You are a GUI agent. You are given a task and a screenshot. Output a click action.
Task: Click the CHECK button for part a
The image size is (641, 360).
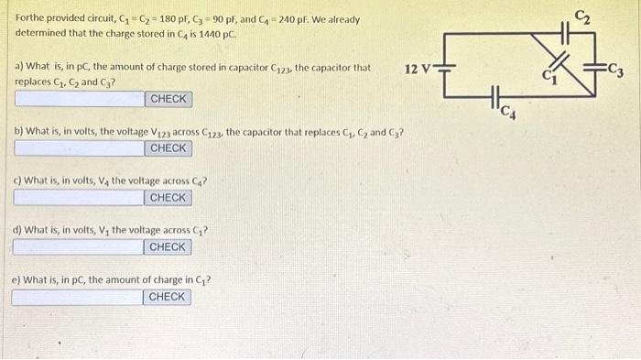pyautogui.click(x=168, y=99)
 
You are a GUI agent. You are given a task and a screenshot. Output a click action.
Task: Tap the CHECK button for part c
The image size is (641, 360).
pyautogui.click(x=168, y=198)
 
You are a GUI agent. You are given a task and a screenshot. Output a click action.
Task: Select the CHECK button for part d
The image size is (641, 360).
pyautogui.click(x=168, y=247)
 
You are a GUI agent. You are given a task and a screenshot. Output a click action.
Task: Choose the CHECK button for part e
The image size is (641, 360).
pyautogui.click(x=168, y=297)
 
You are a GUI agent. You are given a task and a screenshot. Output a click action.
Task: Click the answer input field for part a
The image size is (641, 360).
pyautogui.click(x=78, y=99)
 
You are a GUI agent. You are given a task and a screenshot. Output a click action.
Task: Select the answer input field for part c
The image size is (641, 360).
pyautogui.click(x=78, y=198)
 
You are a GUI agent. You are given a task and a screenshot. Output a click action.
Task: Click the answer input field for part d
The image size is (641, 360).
pyautogui.click(x=78, y=247)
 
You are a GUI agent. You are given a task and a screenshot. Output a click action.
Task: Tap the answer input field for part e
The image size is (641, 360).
pyautogui.click(x=78, y=297)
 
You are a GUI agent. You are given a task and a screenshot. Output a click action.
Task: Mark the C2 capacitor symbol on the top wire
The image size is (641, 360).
pyautogui.click(x=555, y=34)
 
